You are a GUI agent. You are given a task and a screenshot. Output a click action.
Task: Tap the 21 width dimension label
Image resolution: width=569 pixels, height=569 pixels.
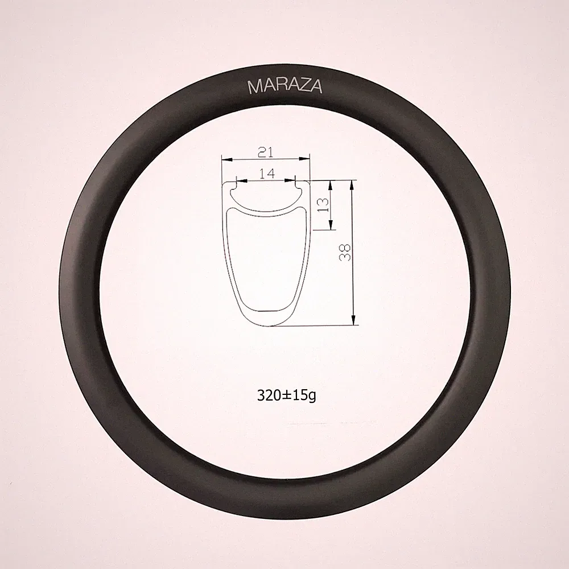(265, 152)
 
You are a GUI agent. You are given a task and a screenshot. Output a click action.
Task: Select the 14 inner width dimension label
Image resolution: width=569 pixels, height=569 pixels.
(267, 174)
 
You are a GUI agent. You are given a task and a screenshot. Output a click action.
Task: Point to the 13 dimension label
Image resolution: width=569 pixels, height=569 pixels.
(323, 205)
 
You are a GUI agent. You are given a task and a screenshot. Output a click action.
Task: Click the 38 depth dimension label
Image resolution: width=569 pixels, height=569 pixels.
(345, 252)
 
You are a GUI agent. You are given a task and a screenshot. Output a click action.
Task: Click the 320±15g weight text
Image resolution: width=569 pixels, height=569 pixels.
(286, 395)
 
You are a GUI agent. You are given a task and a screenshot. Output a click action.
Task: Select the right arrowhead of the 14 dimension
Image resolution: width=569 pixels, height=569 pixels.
(290, 180)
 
